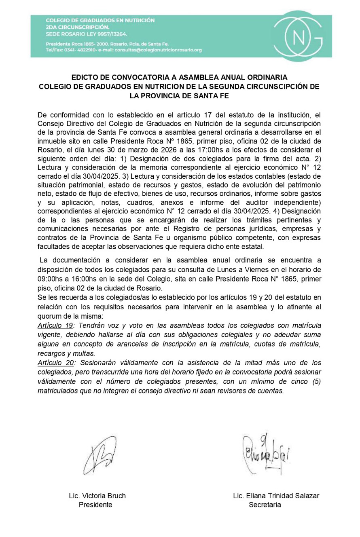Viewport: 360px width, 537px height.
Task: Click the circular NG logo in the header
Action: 299,36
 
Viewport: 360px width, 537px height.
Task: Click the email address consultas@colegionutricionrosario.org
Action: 158,50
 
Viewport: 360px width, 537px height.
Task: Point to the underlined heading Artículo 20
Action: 55,362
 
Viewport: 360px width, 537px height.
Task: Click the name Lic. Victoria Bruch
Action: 97,496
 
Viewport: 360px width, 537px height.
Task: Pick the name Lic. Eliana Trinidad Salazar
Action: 276,496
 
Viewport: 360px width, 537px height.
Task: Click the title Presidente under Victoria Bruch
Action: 95,505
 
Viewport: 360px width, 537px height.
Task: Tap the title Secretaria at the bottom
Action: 265,505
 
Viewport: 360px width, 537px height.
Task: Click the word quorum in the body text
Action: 49,316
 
